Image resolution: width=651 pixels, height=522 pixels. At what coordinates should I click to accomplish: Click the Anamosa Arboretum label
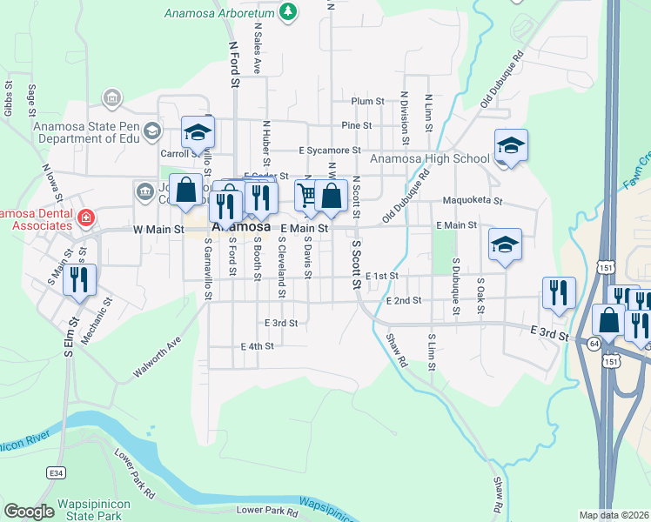pos(219,12)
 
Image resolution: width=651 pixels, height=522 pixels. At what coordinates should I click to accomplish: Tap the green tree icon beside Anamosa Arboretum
pos(289,11)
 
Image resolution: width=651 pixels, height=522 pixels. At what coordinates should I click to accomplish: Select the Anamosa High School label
pos(429,158)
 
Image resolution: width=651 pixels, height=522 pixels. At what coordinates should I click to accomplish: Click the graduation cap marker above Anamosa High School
pos(511,145)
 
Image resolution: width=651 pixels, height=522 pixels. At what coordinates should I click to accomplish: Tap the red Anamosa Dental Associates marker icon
pos(86,217)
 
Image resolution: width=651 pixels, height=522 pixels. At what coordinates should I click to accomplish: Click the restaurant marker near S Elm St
pos(79,280)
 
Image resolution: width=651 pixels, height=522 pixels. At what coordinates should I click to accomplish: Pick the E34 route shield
pos(57,472)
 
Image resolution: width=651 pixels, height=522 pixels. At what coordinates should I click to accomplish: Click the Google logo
pos(29,512)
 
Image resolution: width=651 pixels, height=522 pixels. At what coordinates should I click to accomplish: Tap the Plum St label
pos(367,102)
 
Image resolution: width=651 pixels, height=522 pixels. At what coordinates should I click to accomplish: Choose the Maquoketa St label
pos(473,201)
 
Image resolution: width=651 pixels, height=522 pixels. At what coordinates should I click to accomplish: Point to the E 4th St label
pos(257,345)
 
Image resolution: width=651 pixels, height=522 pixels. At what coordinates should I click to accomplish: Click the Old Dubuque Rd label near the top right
pos(503,79)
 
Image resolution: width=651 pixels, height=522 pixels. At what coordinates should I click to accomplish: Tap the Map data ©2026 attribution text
pos(613,515)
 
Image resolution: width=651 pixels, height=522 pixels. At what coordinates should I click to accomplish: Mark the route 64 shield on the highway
pos(593,344)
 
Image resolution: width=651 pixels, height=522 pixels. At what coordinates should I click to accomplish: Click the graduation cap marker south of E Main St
pos(505,245)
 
